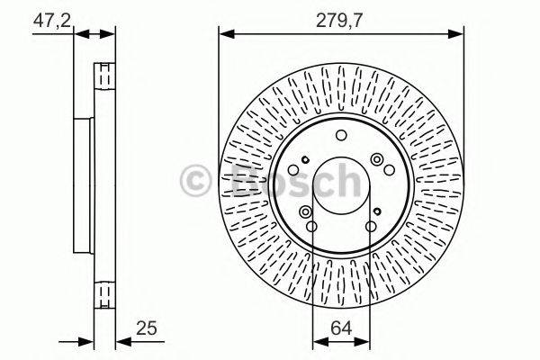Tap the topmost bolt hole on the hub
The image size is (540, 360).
point(340,136)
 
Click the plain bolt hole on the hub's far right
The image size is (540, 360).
point(388,171)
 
